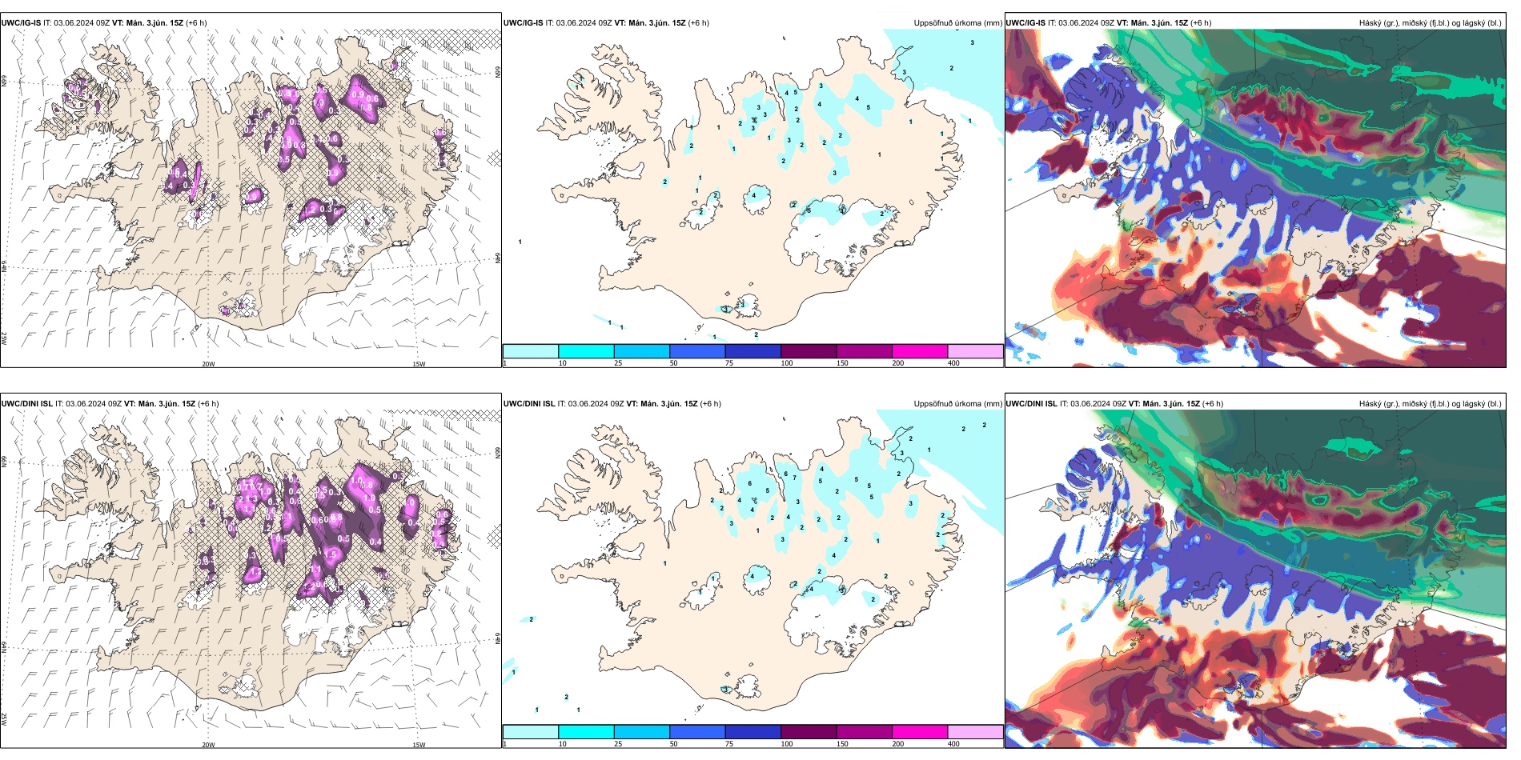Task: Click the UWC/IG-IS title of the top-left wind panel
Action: click(21, 23)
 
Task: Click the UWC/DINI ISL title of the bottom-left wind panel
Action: click(27, 404)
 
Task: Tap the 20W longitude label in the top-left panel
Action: click(208, 364)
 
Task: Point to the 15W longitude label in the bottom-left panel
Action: click(419, 745)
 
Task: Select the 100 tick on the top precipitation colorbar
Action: click(787, 363)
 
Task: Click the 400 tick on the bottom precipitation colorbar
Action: click(953, 744)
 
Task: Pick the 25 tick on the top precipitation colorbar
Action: click(618, 363)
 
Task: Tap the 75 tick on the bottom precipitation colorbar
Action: click(729, 744)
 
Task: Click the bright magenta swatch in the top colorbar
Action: click(920, 351)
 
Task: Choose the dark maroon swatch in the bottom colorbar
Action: click(809, 732)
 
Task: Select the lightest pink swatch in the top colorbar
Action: click(975, 351)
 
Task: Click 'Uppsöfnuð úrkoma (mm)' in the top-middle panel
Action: click(957, 23)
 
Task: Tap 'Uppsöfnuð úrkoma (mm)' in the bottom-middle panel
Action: click(957, 404)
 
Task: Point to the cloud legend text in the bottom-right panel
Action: click(1430, 404)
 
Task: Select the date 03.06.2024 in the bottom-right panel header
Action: click(1092, 404)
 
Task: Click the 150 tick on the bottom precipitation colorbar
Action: click(842, 744)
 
